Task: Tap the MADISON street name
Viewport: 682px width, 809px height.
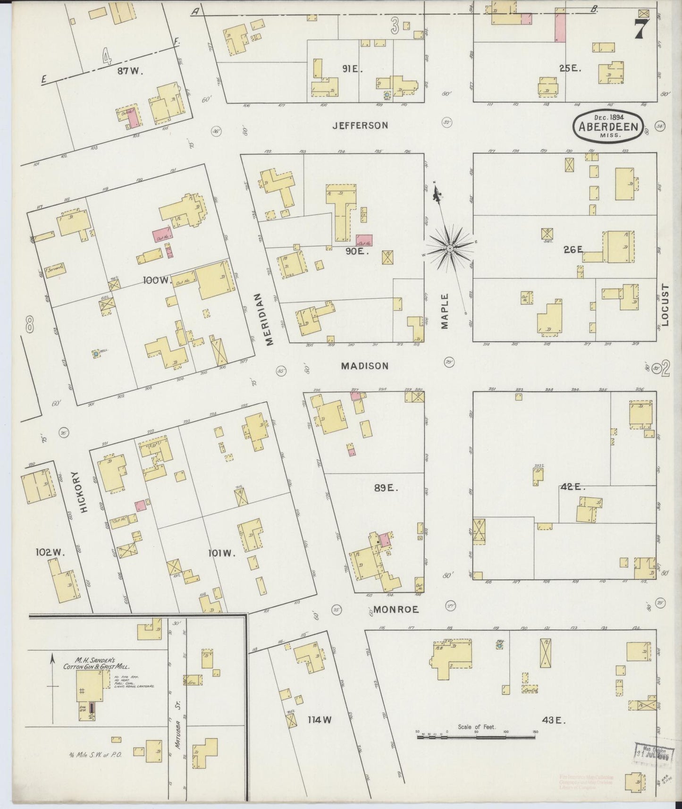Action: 365,366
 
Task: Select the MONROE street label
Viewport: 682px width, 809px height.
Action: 396,609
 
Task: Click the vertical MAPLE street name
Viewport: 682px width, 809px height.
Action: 446,311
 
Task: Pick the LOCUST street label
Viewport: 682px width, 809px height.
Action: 665,305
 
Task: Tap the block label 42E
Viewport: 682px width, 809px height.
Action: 573,487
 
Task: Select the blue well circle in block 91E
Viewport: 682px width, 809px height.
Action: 387,95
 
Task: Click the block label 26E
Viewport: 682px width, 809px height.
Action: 573,250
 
